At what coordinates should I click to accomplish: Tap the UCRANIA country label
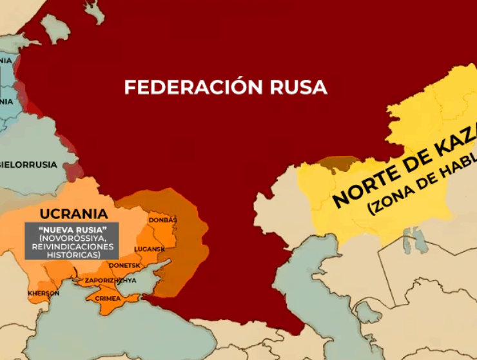72,213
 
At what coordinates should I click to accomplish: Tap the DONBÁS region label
162,220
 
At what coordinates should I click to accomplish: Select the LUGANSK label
150,249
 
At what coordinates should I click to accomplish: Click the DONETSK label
125,265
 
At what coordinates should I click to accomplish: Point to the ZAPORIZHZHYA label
111,281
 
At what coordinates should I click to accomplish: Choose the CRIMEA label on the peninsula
108,298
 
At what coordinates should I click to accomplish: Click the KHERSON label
43,293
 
